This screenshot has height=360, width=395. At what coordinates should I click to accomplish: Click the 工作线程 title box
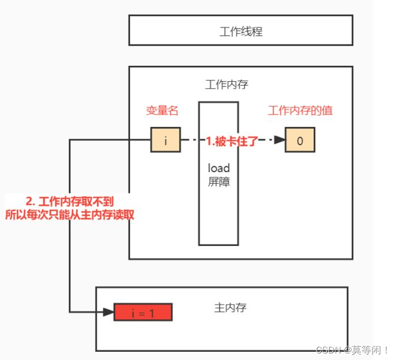point(241,31)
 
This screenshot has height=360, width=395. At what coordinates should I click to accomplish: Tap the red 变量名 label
point(162,111)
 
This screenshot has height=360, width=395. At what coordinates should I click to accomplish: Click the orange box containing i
point(165,140)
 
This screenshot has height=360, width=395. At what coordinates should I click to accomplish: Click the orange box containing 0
point(300,140)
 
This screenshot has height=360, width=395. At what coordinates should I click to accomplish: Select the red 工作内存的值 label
point(300,111)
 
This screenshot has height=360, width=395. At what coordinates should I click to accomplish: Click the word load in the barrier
point(218,168)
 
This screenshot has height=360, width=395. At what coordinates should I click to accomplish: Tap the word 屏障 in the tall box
point(218,182)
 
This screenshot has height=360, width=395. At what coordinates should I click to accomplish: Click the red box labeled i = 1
point(143,312)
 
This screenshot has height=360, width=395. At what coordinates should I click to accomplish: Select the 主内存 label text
point(230,307)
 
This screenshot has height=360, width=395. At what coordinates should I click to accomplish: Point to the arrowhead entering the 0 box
point(280,140)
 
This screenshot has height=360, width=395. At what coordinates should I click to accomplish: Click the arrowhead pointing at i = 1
point(108,312)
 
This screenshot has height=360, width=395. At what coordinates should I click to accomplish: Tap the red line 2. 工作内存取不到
point(70,202)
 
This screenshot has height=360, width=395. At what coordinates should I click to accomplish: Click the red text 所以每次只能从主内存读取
point(70,215)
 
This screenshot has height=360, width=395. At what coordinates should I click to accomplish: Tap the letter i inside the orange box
point(165,140)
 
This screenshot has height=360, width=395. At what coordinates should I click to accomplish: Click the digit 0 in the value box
point(300,140)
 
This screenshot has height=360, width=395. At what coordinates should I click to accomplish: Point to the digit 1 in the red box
point(152,313)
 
